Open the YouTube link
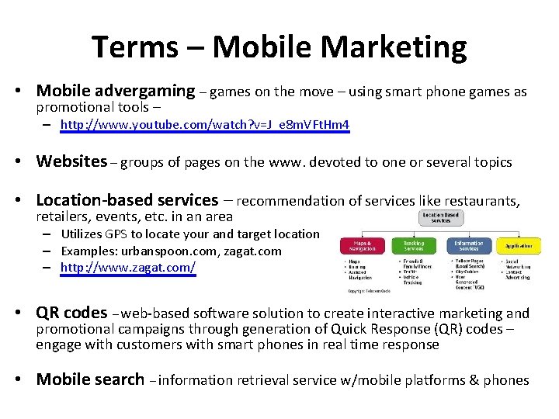click(205, 124)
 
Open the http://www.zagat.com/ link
click(128, 268)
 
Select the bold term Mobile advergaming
click(116, 92)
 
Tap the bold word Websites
click(71, 161)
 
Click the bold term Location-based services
click(127, 200)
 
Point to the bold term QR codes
click(71, 313)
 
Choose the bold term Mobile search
click(90, 379)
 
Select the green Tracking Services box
click(413, 247)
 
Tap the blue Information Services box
click(468, 247)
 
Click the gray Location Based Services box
click(440, 217)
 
